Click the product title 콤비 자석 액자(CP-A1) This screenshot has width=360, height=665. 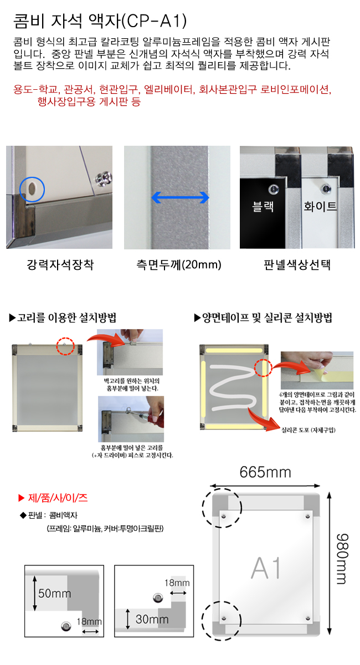click(100, 21)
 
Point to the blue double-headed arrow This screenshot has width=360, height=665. click(180, 197)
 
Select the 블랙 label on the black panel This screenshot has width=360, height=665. click(263, 206)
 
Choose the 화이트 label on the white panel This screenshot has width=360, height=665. click(320, 206)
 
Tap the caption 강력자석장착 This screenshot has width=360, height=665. click(60, 264)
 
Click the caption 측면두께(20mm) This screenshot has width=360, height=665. click(179, 264)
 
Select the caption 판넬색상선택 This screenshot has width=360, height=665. click(297, 264)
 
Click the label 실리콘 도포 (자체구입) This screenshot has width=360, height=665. click(308, 430)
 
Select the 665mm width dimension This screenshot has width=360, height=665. click(265, 472)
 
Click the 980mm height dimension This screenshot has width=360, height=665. click(342, 559)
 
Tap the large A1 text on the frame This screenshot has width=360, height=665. click(265, 568)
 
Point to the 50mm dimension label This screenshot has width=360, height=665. click(55, 594)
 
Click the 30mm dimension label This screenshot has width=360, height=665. click(152, 620)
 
